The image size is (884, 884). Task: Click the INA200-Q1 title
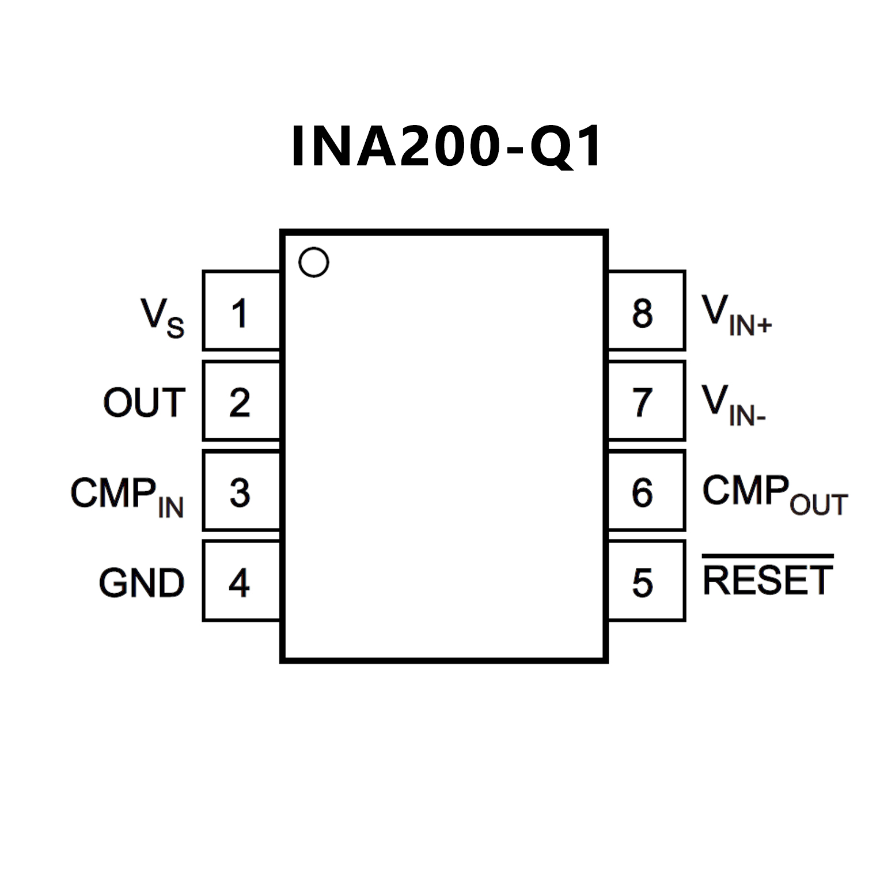pyautogui.click(x=446, y=146)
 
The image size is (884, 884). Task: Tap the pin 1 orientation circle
pyautogui.click(x=314, y=263)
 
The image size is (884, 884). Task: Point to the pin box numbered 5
pyautogui.click(x=646, y=581)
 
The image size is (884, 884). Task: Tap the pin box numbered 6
pyautogui.click(x=646, y=491)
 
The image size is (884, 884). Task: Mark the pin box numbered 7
pyautogui.click(x=646, y=401)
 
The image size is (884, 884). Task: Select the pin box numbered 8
pyautogui.click(x=646, y=311)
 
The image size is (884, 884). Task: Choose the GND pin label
pyautogui.click(x=142, y=583)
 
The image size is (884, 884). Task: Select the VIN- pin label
pyautogui.click(x=733, y=405)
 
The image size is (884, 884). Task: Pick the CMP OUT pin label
pyautogui.click(x=775, y=494)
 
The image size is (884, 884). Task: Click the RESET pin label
pyautogui.click(x=768, y=580)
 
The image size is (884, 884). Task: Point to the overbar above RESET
pyautogui.click(x=768, y=556)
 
